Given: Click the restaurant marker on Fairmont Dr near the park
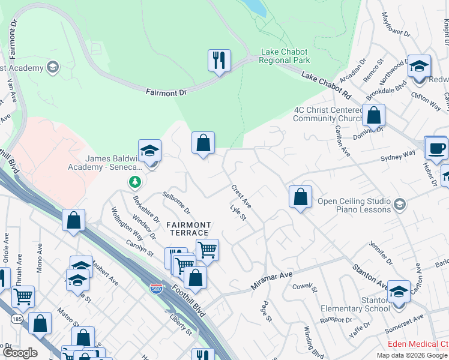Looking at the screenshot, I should tap(218, 60).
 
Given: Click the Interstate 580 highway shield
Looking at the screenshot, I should tap(156, 289).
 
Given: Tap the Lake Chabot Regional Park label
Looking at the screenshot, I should tap(285, 56).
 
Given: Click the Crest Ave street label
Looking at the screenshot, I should tap(241, 196).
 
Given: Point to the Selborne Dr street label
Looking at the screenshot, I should tap(176, 203).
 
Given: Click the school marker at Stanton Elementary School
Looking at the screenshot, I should tap(399, 292).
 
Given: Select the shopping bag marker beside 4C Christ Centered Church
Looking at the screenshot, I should tap(373, 115).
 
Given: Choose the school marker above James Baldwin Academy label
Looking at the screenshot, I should tap(149, 151).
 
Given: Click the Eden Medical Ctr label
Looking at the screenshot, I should tap(418, 344).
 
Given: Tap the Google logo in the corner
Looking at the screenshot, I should tap(19, 353).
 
